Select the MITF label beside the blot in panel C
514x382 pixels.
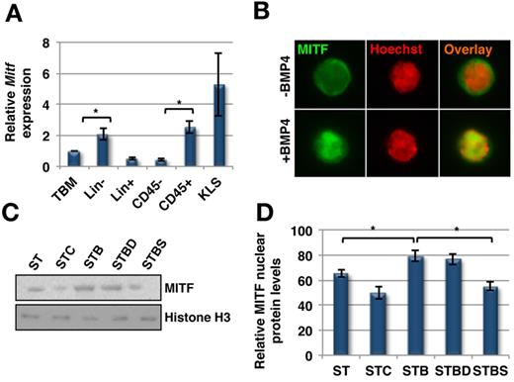177,288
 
